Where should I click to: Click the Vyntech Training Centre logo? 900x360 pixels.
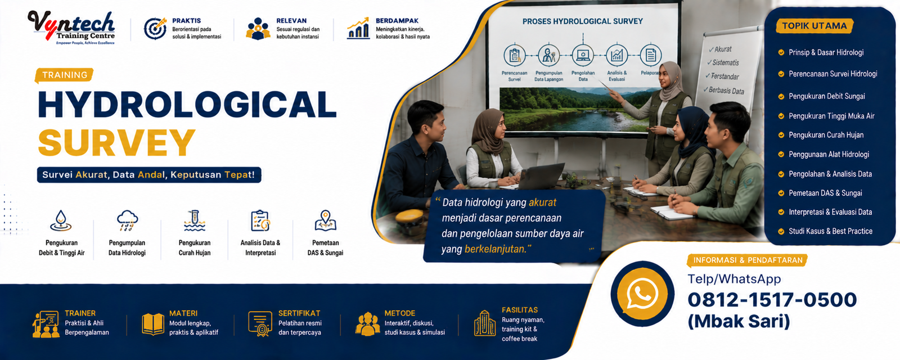(x=71, y=28)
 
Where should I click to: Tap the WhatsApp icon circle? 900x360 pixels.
(x=642, y=293)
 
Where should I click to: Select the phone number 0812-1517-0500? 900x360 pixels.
(x=772, y=300)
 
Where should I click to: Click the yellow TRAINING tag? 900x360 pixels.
(x=64, y=75)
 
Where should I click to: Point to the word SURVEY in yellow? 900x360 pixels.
(x=116, y=143)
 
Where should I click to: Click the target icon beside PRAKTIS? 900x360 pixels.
(x=155, y=29)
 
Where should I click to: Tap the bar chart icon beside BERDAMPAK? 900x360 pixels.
(x=358, y=28)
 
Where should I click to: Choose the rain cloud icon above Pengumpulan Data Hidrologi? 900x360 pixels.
(x=127, y=220)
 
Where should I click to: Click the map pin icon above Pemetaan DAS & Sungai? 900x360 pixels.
(x=326, y=220)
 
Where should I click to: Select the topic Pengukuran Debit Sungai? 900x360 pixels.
(x=826, y=96)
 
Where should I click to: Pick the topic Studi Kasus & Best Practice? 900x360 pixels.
(x=830, y=231)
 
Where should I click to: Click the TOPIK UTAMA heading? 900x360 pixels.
(x=814, y=26)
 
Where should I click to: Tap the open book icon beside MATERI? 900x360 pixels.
(x=153, y=324)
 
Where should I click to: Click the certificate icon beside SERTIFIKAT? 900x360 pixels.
(x=260, y=323)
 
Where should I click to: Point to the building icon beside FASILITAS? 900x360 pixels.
(x=484, y=323)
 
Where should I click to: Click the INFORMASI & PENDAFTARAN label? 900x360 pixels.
(x=748, y=260)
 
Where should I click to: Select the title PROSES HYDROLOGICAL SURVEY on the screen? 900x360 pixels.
(x=583, y=21)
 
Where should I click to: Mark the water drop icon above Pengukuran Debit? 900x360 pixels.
(x=61, y=220)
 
